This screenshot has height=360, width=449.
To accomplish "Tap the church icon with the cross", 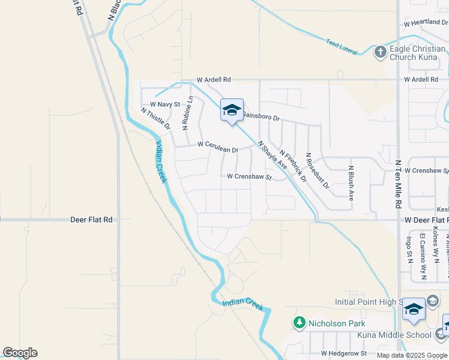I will tap(379, 52).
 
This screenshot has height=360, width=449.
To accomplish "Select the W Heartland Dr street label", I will tap(426, 23).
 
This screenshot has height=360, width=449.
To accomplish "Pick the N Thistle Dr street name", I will tap(155, 119).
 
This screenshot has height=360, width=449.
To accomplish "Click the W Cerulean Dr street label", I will tap(218, 144).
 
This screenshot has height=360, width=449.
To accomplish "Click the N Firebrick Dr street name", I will tap(293, 167).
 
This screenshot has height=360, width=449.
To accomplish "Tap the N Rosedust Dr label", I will tap(318, 170).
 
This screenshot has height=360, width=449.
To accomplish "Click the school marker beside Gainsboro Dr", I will tap(232, 110).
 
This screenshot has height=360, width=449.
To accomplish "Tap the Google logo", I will tap(20, 353).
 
